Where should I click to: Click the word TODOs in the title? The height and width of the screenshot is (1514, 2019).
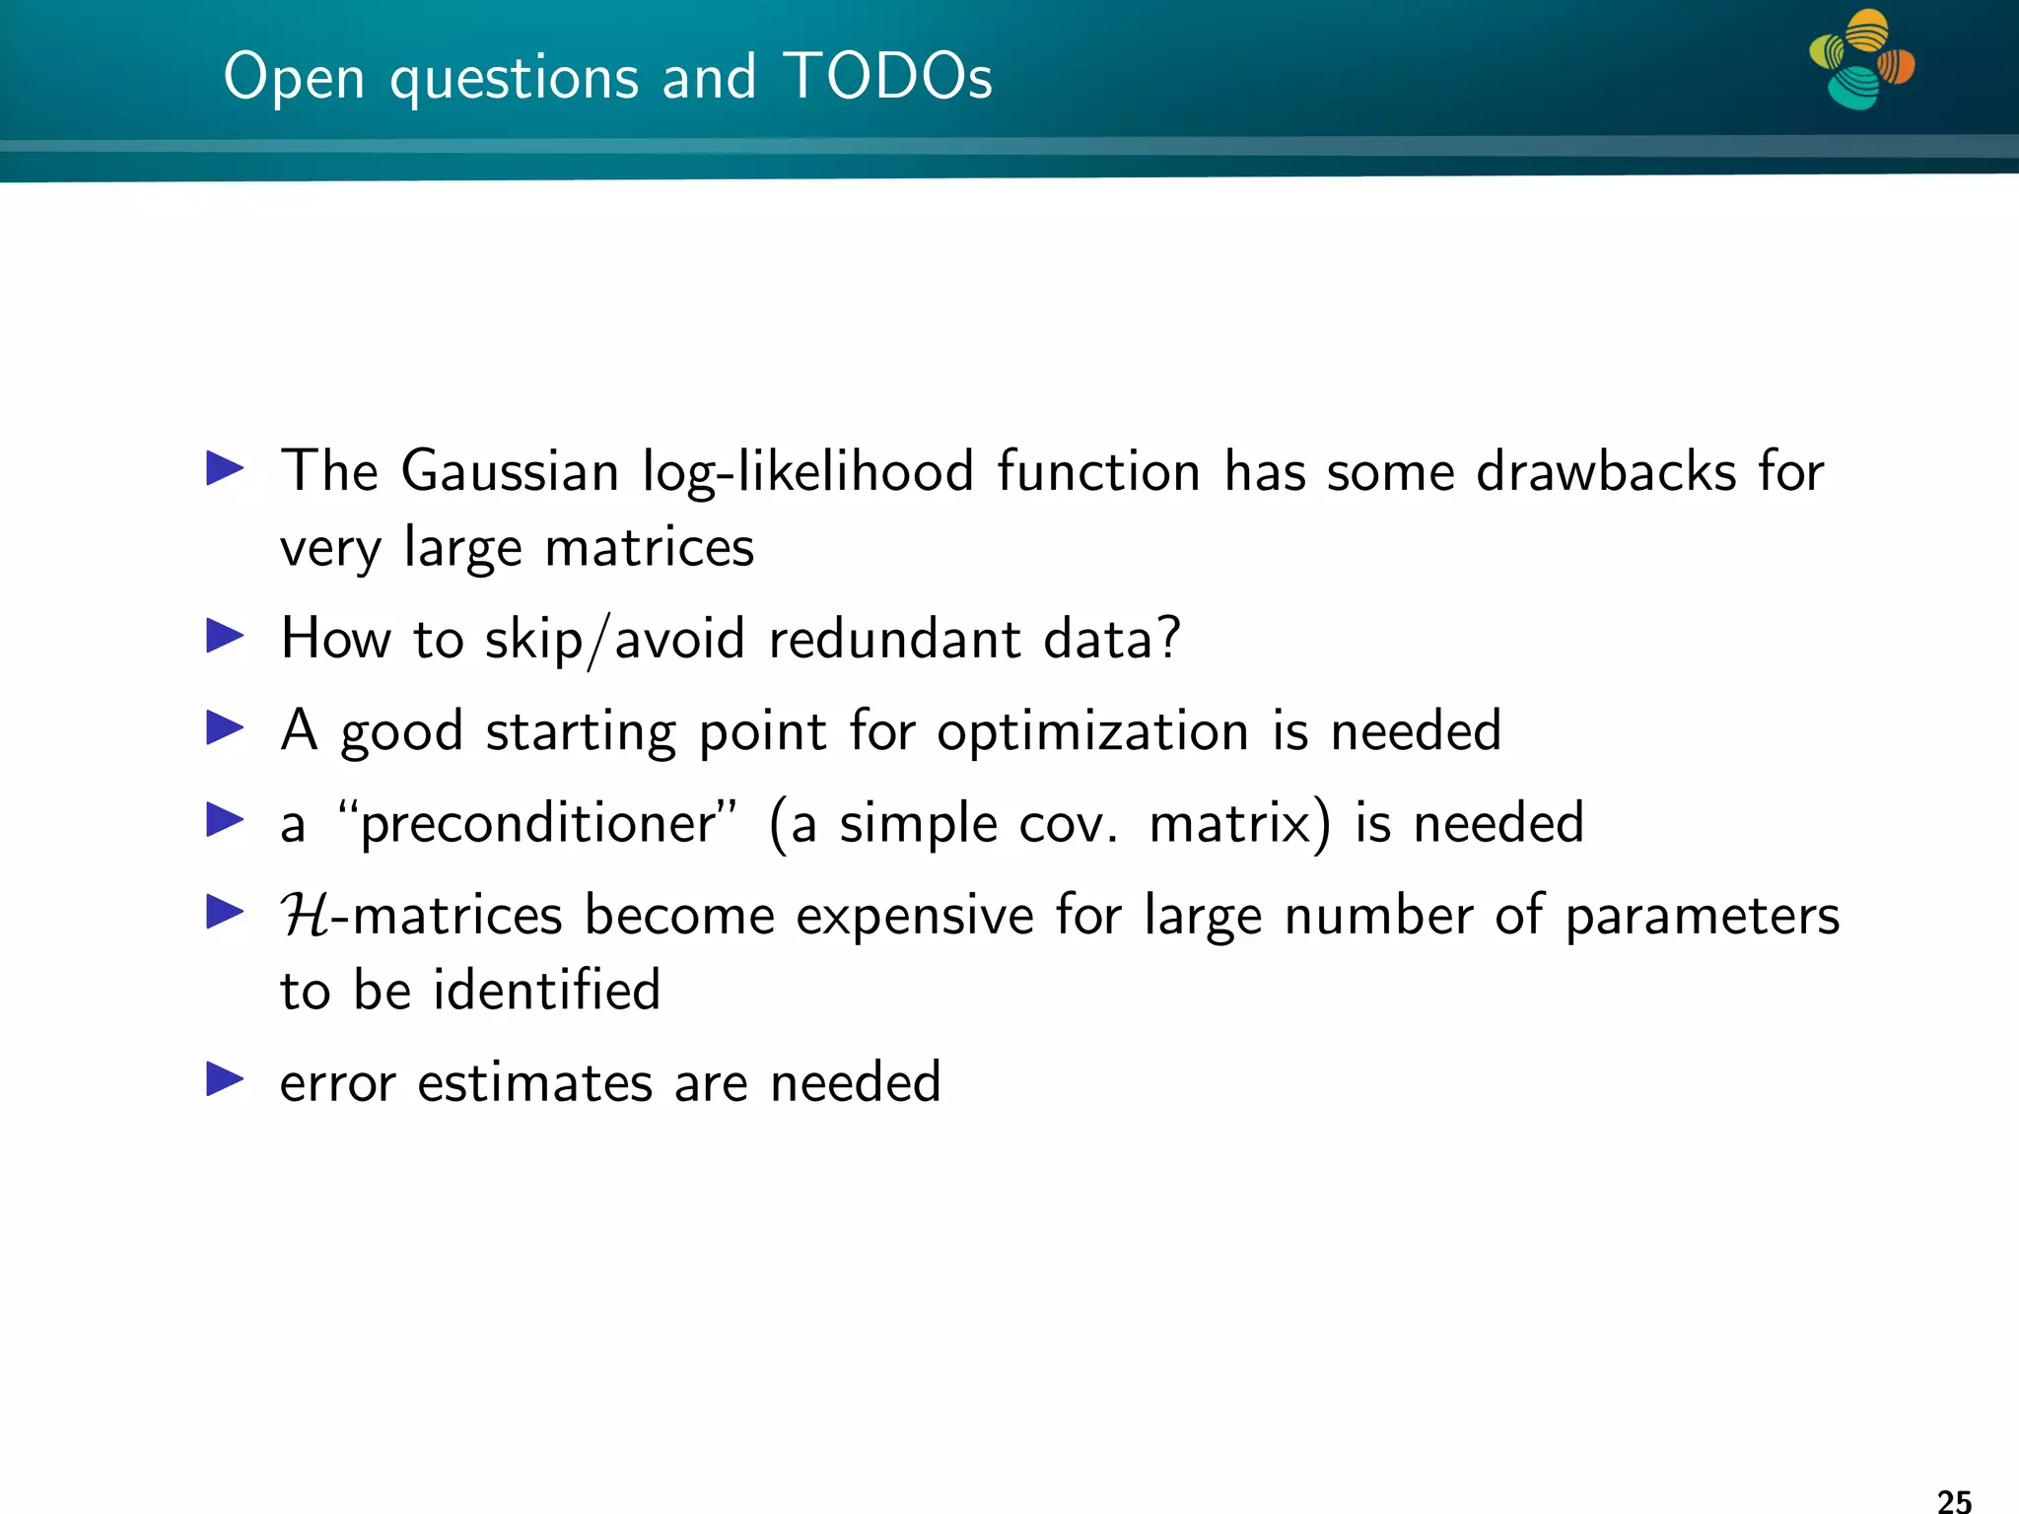pos(888,76)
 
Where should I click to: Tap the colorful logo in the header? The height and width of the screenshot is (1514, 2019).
pos(1861,59)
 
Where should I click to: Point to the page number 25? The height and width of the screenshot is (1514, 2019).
pos(1954,1500)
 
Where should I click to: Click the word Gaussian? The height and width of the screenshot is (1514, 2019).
pos(510,471)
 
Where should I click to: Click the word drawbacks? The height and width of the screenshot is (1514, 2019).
pos(1605,471)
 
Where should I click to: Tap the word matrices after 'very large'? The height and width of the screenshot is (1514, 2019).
pos(649,548)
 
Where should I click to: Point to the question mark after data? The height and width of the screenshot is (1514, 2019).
pos(1169,638)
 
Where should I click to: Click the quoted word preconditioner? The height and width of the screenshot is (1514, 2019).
pos(536,824)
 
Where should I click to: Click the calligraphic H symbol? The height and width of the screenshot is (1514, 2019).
pos(305,915)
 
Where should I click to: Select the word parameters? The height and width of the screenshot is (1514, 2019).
pos(1702,916)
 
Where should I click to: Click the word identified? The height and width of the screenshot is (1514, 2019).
pos(546,990)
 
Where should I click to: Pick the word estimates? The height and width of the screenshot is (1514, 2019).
pos(534,1082)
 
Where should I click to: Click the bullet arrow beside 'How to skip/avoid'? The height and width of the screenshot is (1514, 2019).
pos(225,636)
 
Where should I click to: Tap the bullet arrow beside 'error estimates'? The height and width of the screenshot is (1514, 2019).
pos(225,1079)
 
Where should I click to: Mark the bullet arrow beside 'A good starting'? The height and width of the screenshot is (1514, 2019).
pos(225,728)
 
